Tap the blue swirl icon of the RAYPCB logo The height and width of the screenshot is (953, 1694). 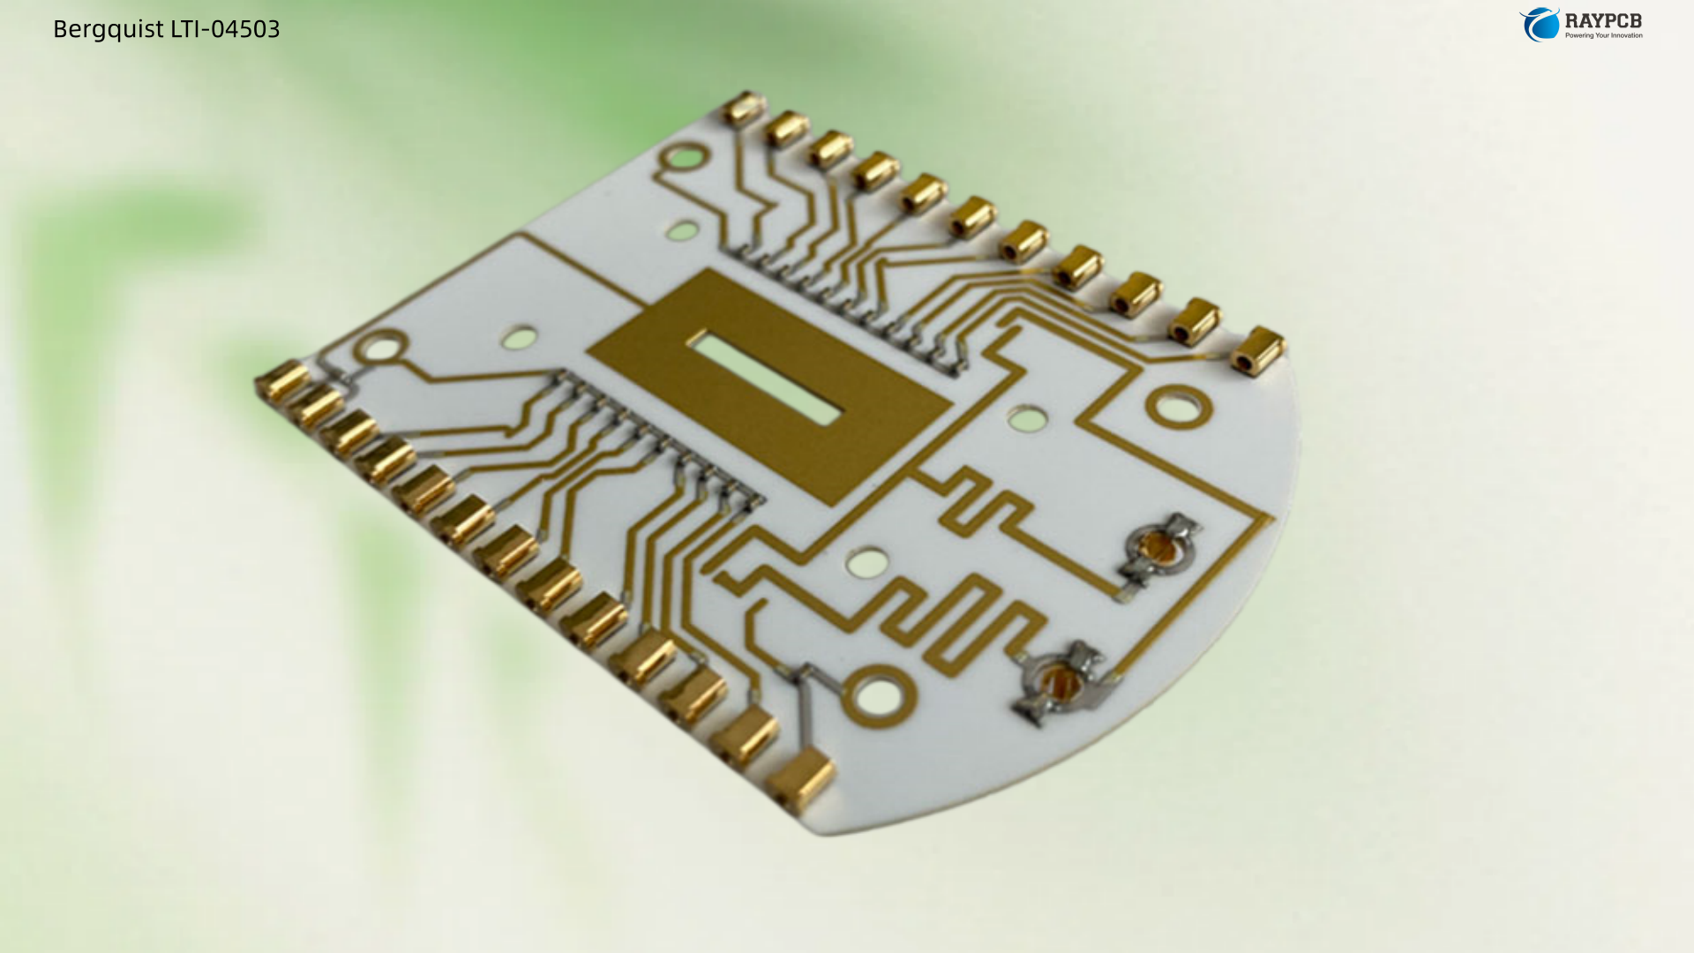(1540, 24)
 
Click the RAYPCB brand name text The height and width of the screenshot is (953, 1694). (1603, 20)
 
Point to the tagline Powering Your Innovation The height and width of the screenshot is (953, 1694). (1604, 35)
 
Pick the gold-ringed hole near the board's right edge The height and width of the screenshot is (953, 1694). (1179, 407)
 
